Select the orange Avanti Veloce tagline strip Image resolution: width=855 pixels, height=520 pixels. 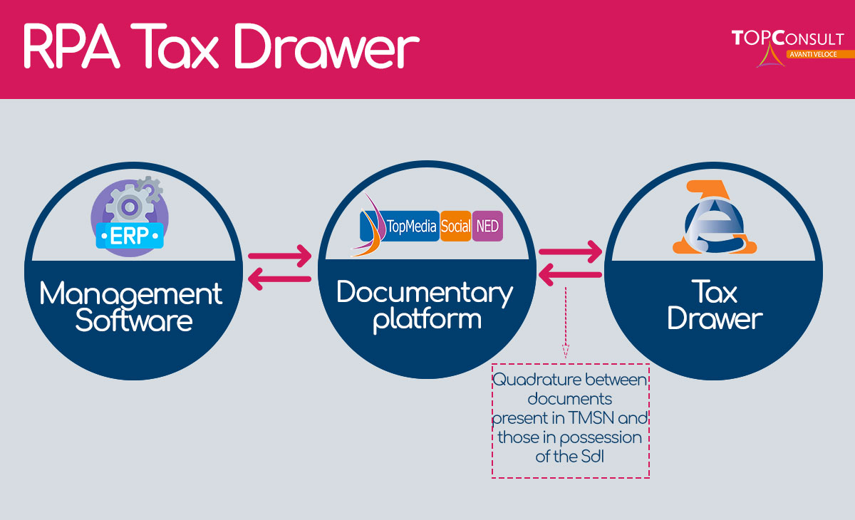(x=819, y=54)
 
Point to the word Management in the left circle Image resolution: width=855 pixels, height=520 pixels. (x=131, y=293)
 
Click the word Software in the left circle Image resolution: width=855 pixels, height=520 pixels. (x=134, y=321)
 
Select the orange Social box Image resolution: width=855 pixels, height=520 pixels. (x=456, y=227)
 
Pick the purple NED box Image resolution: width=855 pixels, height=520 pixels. (x=488, y=227)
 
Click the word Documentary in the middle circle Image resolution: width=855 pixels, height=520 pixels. (x=425, y=292)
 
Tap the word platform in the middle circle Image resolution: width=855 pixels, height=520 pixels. (x=427, y=319)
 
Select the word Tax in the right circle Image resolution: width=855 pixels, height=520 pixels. (x=715, y=291)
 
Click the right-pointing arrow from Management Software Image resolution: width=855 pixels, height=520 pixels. (x=280, y=254)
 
